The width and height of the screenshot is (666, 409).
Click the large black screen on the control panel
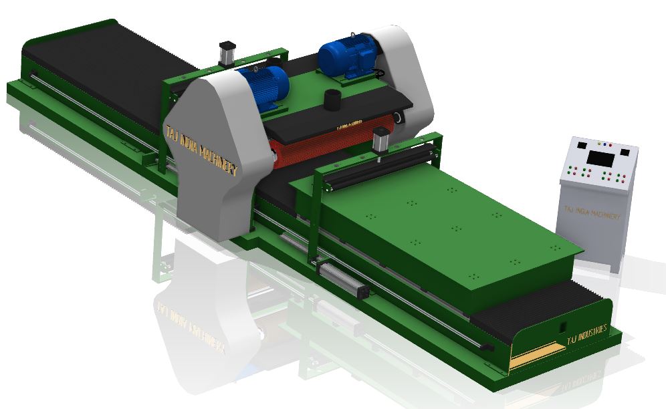click(x=601, y=158)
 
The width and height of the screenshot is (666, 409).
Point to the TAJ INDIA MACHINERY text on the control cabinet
click(x=592, y=213)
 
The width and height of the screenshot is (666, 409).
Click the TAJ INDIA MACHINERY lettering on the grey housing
click(x=201, y=154)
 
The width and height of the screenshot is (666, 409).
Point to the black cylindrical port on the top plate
click(x=333, y=101)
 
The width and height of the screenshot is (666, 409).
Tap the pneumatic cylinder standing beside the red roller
click(x=381, y=142)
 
